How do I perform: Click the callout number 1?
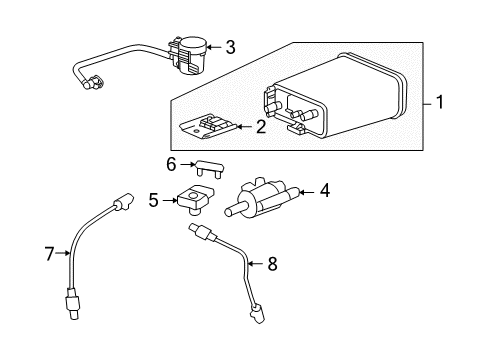click(x=441, y=103)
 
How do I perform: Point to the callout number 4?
click(x=325, y=190)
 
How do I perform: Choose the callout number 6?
click(x=172, y=164)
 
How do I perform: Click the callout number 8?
click(x=268, y=264)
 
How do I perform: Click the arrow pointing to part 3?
click(x=213, y=46)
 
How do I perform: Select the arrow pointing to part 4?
click(x=304, y=190)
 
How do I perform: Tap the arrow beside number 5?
click(x=169, y=200)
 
